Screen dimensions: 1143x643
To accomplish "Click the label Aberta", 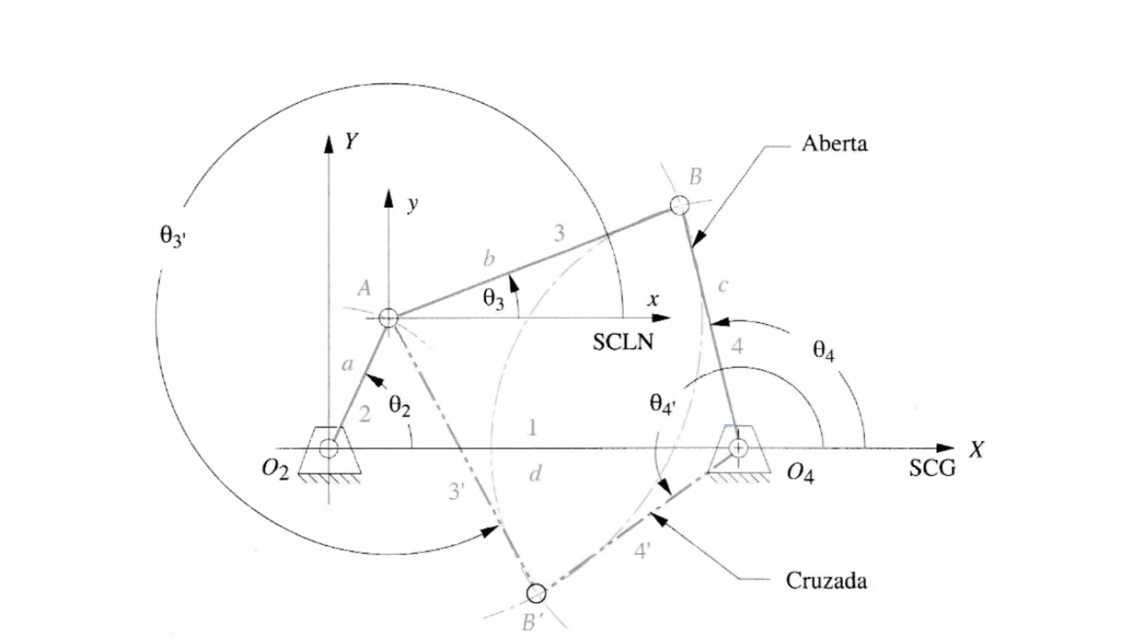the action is tap(834, 143).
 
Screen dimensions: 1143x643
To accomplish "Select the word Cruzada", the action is tap(826, 580).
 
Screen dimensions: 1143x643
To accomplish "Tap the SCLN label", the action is tap(623, 342).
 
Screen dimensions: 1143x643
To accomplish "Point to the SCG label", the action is tap(932, 469).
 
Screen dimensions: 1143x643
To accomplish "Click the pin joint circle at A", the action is tap(388, 318).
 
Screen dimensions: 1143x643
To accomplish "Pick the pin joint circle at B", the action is tap(679, 205).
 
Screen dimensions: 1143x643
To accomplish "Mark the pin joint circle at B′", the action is tap(536, 593).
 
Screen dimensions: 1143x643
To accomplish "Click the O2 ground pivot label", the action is tap(275, 470).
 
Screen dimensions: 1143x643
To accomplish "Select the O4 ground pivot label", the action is tap(800, 473).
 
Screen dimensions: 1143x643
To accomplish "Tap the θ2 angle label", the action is tap(399, 406).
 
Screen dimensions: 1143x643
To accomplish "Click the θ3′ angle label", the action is tap(173, 236).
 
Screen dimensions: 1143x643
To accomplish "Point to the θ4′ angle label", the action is tap(662, 404).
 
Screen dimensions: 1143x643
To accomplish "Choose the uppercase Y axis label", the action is tap(351, 142).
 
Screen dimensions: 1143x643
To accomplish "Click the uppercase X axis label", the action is tap(976, 450).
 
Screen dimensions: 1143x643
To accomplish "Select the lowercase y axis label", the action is tap(413, 204).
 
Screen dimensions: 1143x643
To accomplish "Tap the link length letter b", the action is tap(489, 258).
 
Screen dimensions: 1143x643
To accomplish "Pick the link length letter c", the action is tap(723, 286).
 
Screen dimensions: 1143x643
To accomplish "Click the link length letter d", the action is tap(535, 475).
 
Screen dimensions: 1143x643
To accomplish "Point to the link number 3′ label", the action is tap(456, 491).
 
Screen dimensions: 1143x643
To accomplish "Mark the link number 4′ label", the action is tap(641, 551).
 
